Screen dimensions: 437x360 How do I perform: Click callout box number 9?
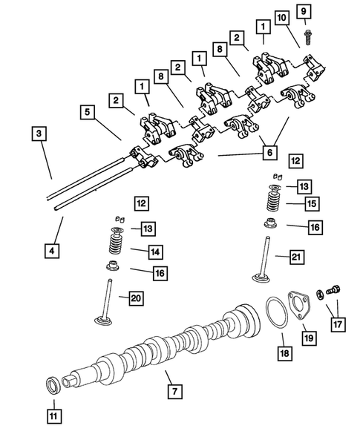click(304, 10)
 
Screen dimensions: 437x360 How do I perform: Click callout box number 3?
click(38, 134)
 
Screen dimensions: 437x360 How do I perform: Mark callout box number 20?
click(135, 298)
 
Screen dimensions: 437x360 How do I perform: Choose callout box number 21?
click(297, 257)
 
